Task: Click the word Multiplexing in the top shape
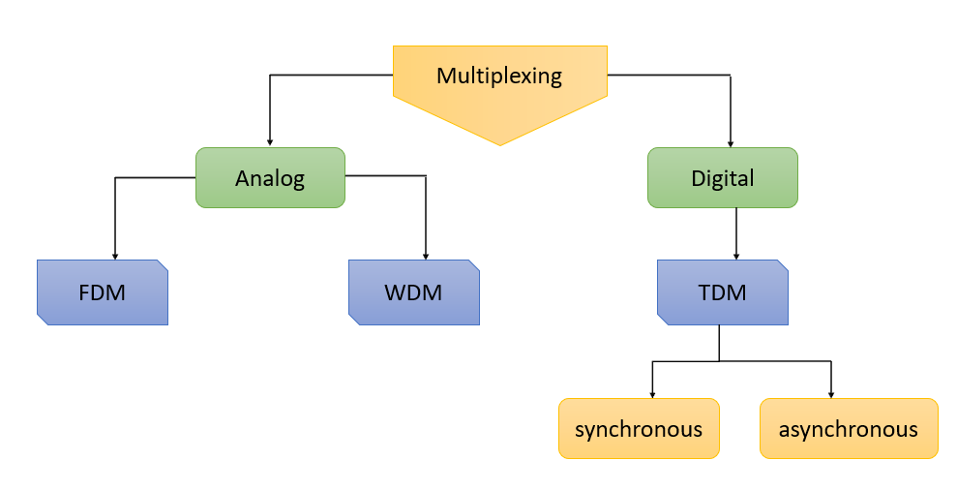(499, 76)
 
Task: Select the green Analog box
(270, 178)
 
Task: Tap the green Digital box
(722, 178)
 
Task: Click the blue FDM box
(103, 292)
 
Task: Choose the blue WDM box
(414, 292)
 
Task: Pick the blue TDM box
(722, 292)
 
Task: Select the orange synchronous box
(639, 428)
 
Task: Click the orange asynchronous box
(849, 428)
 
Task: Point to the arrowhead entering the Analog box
(270, 143)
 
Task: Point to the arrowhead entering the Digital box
(730, 143)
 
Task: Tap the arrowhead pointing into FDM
(116, 256)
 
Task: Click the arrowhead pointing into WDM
(426, 256)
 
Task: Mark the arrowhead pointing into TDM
(737, 256)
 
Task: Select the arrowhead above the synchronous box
(652, 394)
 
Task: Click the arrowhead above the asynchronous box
(831, 394)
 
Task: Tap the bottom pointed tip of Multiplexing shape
(499, 145)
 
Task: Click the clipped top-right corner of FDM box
(164, 264)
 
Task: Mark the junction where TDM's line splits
(719, 361)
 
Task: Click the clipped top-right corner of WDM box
(474, 264)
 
